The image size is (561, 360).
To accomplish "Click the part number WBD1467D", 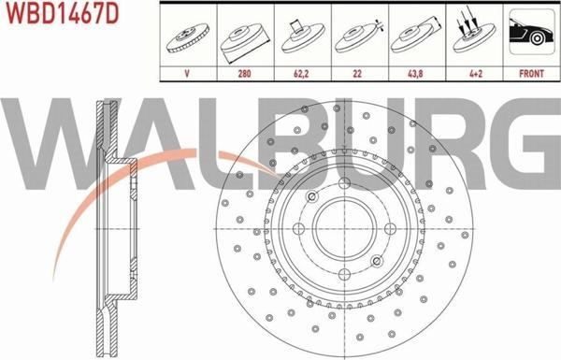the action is pyautogui.click(x=63, y=14).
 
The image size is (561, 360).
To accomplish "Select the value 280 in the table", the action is pyautogui.click(x=245, y=74).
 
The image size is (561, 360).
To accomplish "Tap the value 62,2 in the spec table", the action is pyautogui.click(x=301, y=74).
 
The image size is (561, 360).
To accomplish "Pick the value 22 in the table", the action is pyautogui.click(x=357, y=74).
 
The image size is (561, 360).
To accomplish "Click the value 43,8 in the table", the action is pyautogui.click(x=415, y=74).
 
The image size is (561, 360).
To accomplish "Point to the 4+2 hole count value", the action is pyautogui.click(x=476, y=74).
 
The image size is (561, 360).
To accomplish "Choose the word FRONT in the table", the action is pyautogui.click(x=532, y=74).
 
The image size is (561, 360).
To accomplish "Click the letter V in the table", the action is pyautogui.click(x=187, y=74).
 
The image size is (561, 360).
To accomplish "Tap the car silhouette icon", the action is pyautogui.click(x=532, y=33).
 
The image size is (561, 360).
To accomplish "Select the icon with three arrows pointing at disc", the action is pyautogui.click(x=473, y=33).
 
